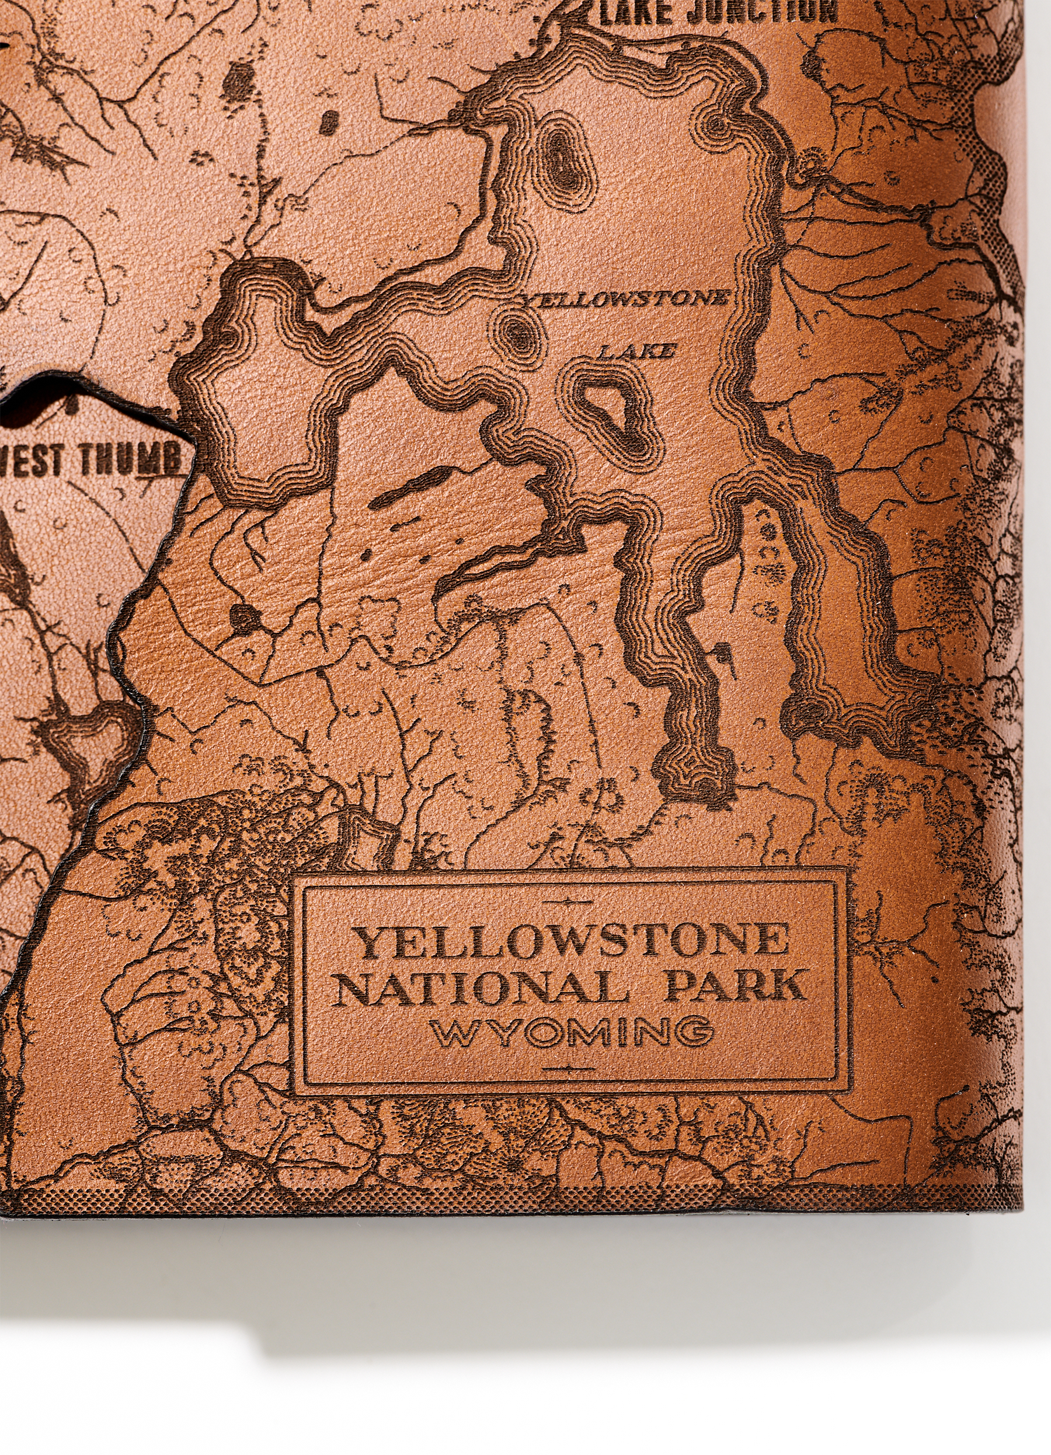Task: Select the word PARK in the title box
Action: click(735, 987)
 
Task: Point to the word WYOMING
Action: click(571, 1032)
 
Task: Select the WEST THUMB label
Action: click(90, 460)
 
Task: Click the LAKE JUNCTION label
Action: click(719, 12)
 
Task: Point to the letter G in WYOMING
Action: click(697, 1032)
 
